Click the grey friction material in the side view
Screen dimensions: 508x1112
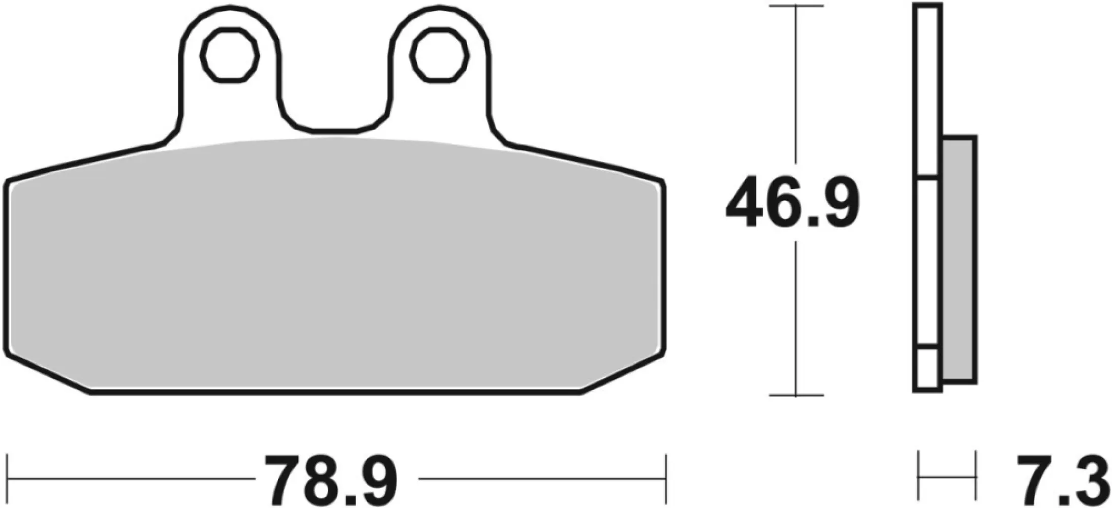pos(959,259)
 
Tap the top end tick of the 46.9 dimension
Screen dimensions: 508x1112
pos(796,6)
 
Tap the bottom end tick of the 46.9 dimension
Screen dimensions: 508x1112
pos(796,395)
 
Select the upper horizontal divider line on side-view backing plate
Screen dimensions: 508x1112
pos(928,178)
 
